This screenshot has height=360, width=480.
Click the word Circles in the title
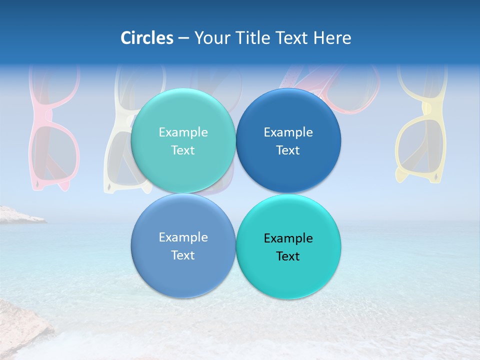coord(147,38)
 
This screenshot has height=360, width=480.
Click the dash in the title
coord(183,38)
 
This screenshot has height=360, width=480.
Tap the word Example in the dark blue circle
coord(288,132)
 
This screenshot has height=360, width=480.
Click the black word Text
coord(288,256)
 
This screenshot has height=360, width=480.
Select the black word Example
coord(288,238)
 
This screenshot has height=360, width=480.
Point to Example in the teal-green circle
coord(183,132)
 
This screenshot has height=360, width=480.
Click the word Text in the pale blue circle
coord(183,255)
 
